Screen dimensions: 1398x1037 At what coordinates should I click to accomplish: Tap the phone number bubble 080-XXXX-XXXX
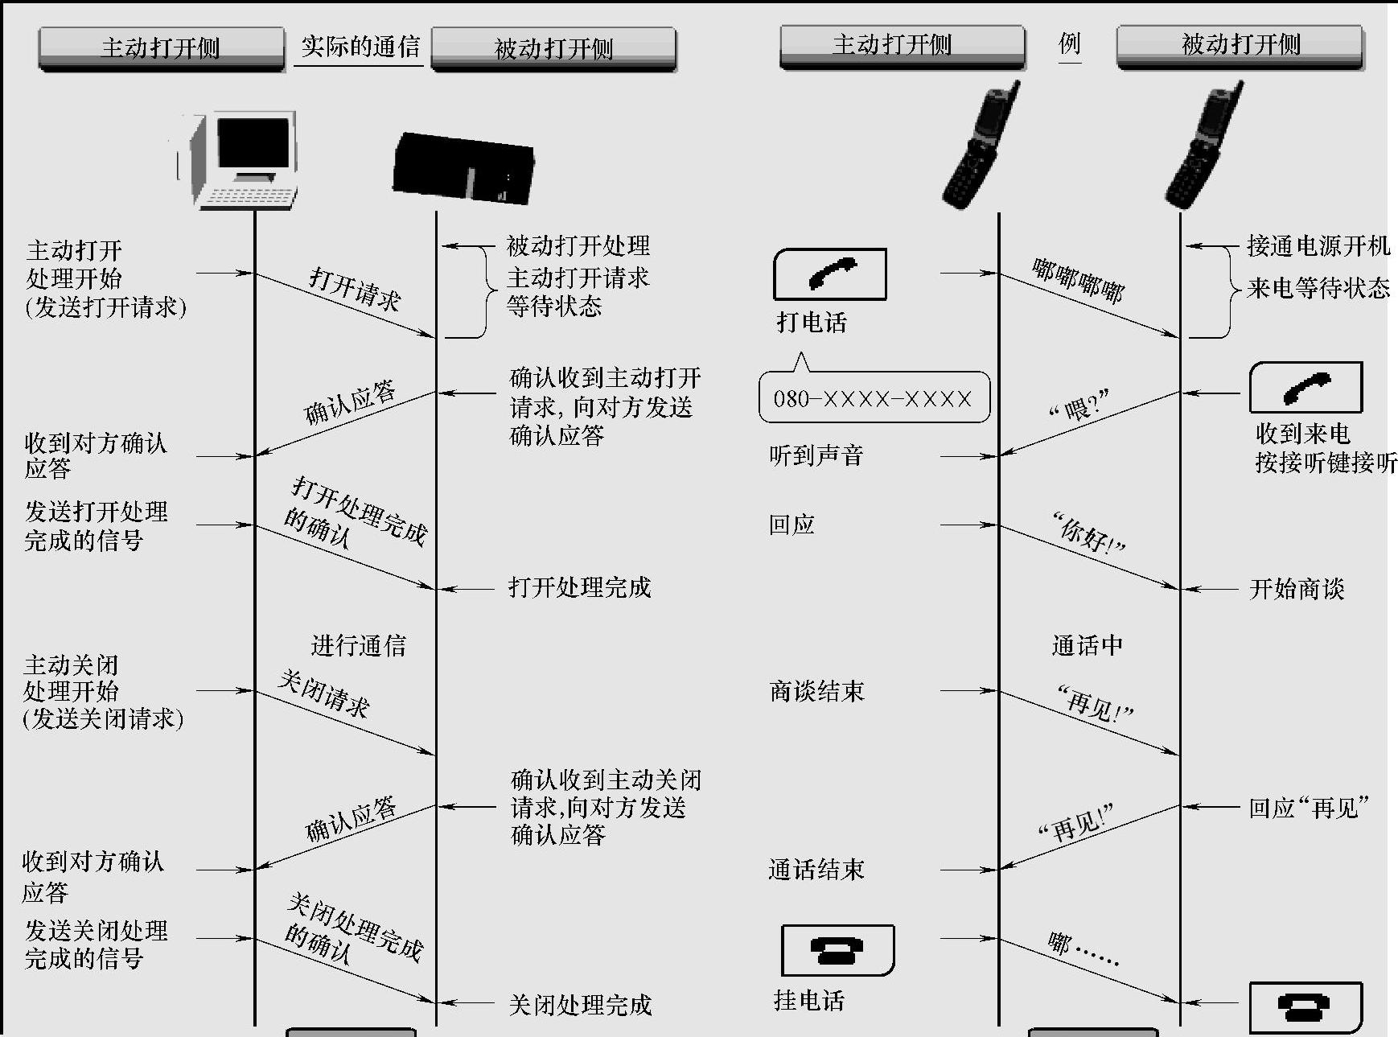click(874, 398)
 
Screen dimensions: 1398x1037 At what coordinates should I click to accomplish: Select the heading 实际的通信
click(360, 47)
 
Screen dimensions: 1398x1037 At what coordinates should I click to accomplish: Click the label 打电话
click(812, 323)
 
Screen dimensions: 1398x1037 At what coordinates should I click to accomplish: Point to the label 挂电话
click(808, 1000)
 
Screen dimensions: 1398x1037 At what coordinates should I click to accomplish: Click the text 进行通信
click(358, 644)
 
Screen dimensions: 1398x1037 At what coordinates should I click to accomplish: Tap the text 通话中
click(1087, 644)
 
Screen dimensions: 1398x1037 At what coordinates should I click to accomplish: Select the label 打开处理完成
click(579, 587)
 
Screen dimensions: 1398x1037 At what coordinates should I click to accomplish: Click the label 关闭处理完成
click(579, 1004)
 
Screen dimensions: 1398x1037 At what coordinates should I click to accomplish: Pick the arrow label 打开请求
click(355, 290)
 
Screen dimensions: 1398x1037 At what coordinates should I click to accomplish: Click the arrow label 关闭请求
click(323, 693)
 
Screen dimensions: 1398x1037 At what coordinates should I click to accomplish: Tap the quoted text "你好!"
click(1089, 534)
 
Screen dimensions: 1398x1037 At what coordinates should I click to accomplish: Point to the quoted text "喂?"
click(1079, 405)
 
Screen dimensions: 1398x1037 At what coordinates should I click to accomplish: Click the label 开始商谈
click(1297, 589)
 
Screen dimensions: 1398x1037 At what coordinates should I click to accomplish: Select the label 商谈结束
click(816, 691)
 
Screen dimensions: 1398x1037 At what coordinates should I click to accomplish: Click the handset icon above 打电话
click(830, 274)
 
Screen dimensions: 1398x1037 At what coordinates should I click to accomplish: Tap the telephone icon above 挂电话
click(837, 950)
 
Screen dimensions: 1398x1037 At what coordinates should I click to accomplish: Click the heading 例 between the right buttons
click(1069, 43)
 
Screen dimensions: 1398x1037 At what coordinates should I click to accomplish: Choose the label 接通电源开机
click(1318, 245)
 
